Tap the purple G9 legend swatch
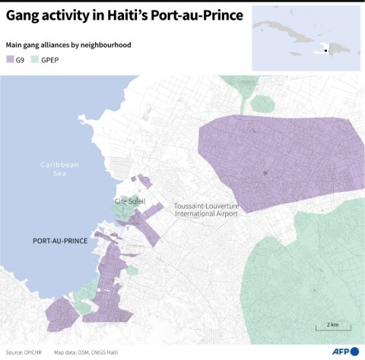point(10,59)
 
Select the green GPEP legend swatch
point(35,59)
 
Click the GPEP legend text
point(50,59)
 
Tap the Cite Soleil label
point(129,201)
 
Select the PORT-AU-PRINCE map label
point(60,240)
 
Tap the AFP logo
point(344,351)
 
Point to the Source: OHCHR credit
point(24,352)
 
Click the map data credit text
point(86,352)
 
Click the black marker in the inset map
point(325,51)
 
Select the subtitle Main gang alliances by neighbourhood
point(68,45)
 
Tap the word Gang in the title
point(24,17)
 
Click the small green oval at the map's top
point(262,103)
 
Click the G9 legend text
point(20,59)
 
